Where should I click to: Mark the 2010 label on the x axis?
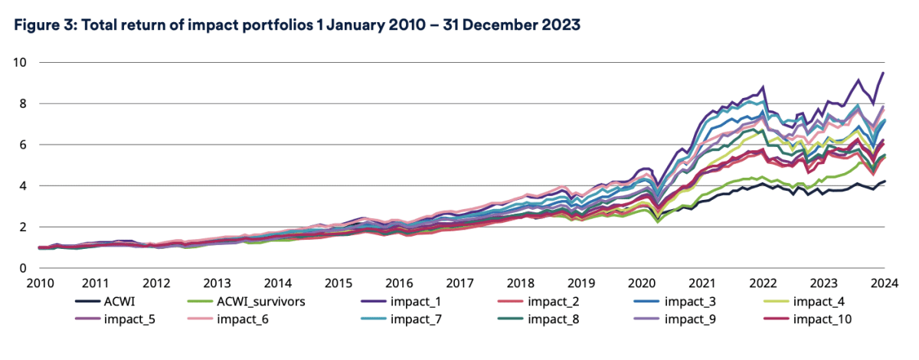point(40,283)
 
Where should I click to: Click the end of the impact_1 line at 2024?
point(884,73)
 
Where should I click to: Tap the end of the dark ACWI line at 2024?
point(885,182)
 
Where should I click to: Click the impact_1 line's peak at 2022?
point(763,87)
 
